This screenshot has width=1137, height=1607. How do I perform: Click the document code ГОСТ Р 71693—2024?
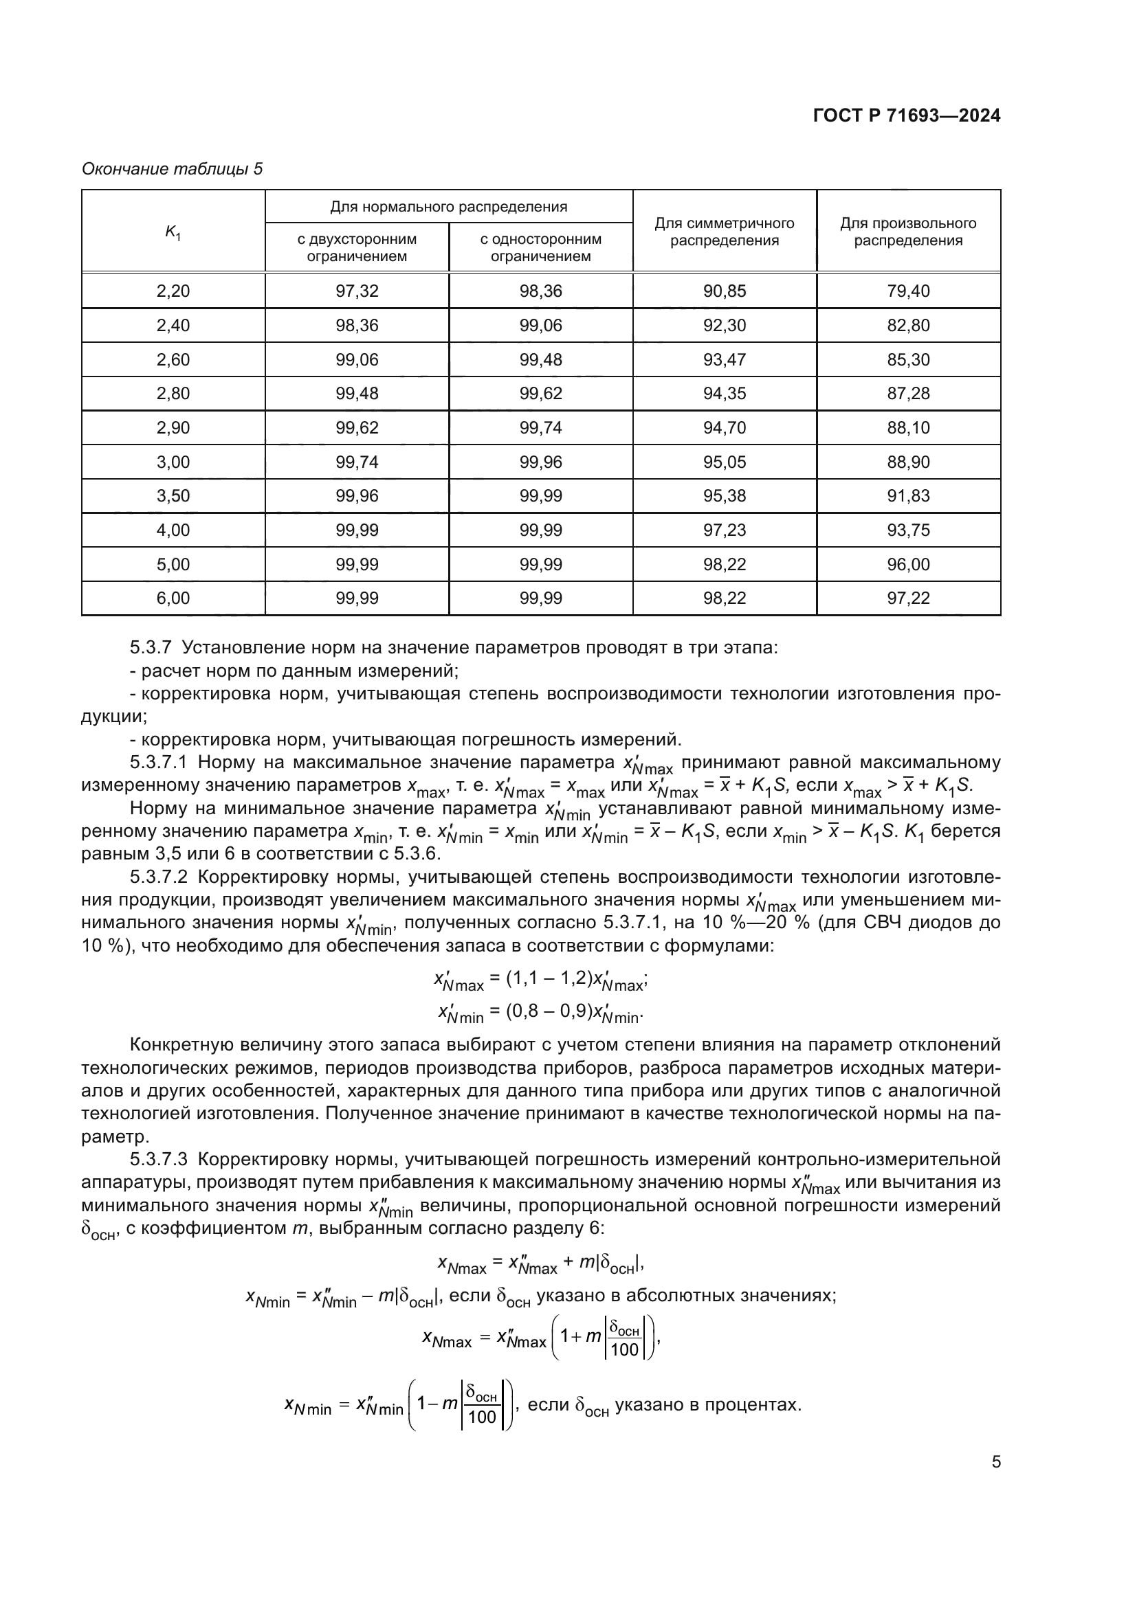907,116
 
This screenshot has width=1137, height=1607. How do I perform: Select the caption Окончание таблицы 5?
173,170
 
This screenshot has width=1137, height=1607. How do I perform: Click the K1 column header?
173,232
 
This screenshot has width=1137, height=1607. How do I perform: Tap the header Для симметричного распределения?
724,232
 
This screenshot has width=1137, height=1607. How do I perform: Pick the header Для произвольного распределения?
908,232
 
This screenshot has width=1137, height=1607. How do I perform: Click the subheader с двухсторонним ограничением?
356,248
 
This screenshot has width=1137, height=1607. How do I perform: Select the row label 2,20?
173,291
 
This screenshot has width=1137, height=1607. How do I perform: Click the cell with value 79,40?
908,291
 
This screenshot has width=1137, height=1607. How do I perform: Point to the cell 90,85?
724,291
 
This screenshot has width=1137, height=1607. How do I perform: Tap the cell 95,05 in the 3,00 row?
724,462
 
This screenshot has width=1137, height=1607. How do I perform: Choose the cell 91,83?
908,496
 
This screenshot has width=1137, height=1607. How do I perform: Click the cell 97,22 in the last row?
908,598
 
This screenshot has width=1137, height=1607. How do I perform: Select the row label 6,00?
173,598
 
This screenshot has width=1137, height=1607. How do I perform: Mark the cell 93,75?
908,530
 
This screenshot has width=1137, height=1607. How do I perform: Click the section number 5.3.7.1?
158,762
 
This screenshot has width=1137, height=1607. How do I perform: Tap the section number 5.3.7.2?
158,877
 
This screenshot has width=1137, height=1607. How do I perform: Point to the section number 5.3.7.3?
158,1160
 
